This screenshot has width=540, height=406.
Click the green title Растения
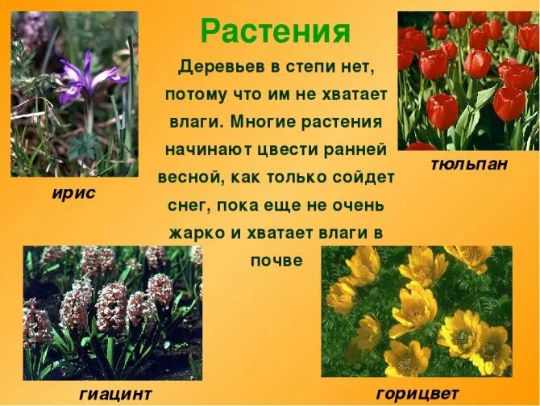tap(276, 32)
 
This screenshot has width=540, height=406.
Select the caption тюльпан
tap(469, 165)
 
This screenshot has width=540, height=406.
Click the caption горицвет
tap(417, 393)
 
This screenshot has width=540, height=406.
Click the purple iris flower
tap(90, 77)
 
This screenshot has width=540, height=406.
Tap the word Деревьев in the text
tap(215, 65)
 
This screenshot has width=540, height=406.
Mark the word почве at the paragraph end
tap(276, 262)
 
